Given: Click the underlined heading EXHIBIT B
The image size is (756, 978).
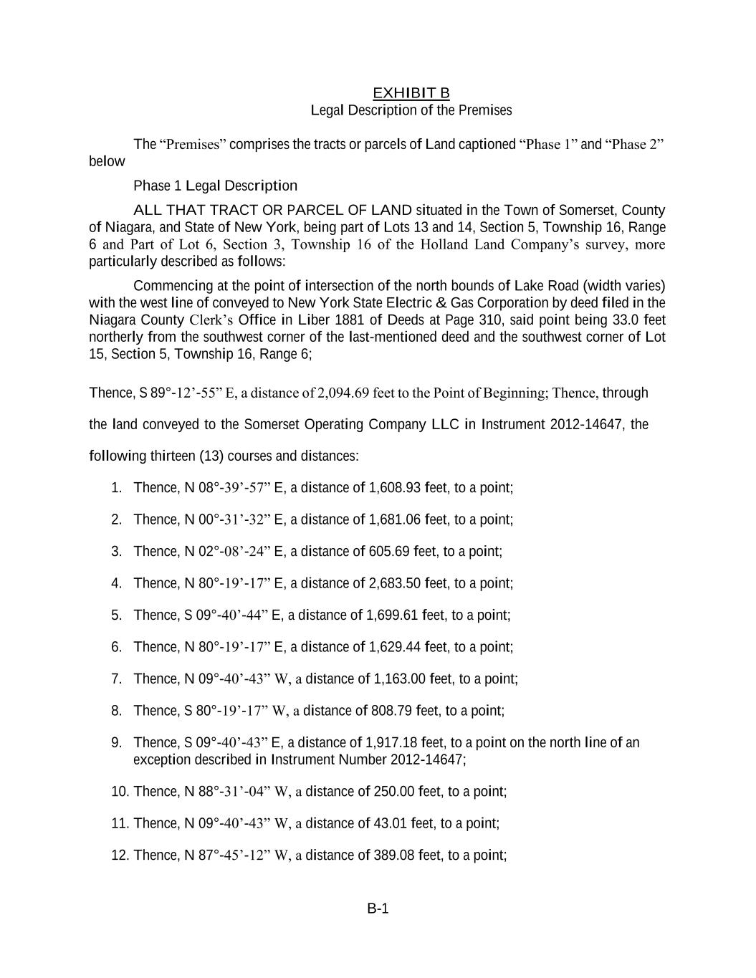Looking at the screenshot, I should [411, 93].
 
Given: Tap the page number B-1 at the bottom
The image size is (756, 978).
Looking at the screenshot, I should [378, 909].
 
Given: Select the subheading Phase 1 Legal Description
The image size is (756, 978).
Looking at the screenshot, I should [215, 186].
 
